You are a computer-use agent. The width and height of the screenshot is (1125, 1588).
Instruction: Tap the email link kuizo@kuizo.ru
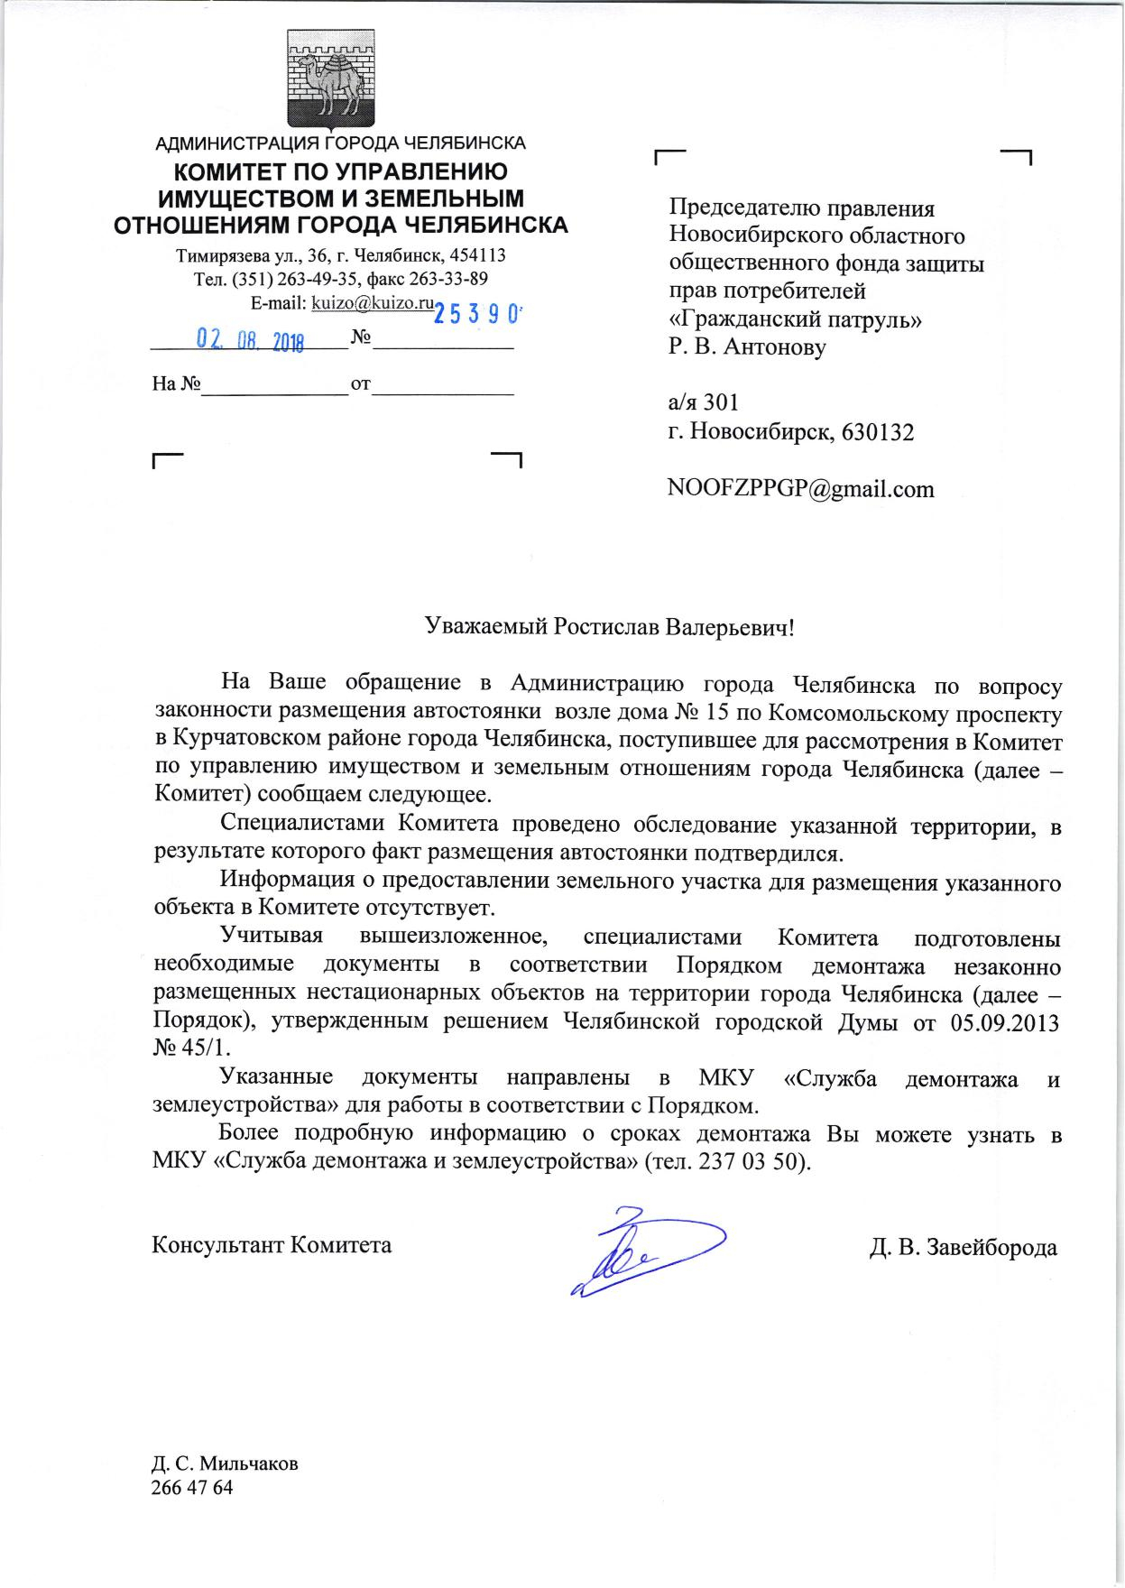point(373,303)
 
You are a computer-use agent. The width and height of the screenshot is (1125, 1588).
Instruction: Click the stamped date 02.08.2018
point(250,341)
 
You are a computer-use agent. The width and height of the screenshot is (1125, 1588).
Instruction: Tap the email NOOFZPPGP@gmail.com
point(800,489)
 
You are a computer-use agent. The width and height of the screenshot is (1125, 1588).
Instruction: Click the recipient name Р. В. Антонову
point(747,346)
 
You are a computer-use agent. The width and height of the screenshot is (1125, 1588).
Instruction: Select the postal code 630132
point(877,432)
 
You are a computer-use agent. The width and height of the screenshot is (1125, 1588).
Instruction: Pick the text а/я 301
point(704,402)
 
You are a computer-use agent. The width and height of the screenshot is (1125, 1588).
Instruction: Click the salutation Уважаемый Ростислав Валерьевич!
point(610,626)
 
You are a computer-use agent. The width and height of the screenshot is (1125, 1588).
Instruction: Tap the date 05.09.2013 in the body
point(1005,1023)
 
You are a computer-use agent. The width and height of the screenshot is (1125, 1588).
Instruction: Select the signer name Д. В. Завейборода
point(963,1248)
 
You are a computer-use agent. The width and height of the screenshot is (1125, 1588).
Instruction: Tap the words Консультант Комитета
point(272,1245)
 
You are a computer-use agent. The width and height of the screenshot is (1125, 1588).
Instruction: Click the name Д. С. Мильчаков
point(225,1463)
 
